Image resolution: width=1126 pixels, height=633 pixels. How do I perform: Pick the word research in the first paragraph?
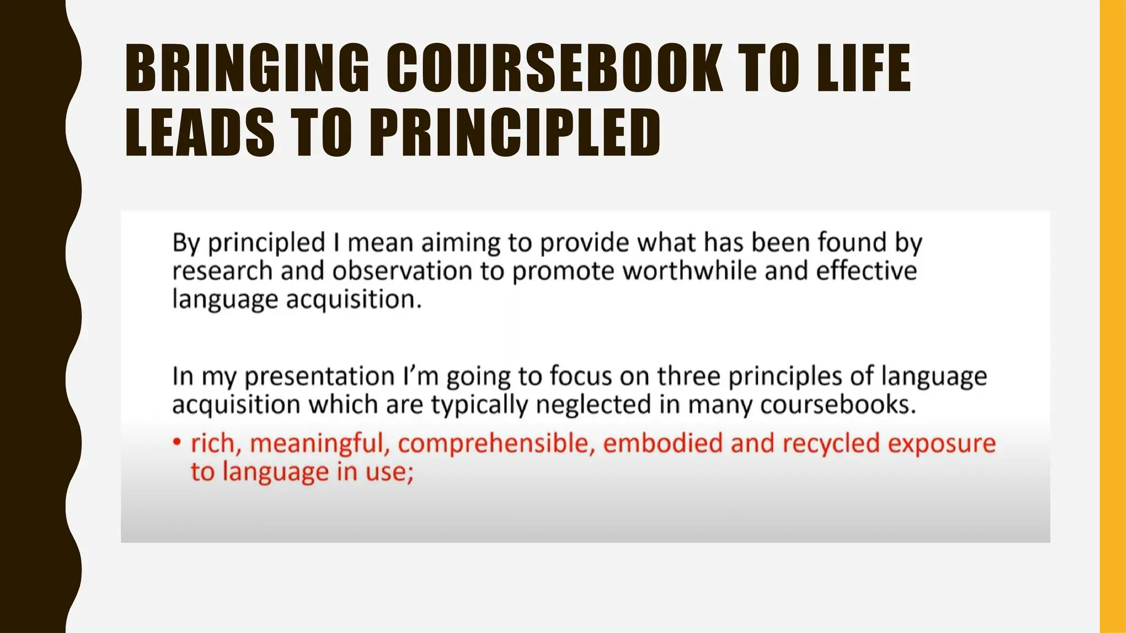coord(222,271)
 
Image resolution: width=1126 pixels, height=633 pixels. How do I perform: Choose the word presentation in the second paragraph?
coord(319,377)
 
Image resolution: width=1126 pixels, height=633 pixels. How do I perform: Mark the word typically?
coord(478,406)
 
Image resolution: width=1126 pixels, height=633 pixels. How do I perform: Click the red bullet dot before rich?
coord(176,442)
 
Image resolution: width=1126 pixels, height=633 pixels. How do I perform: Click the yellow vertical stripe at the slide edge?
coord(1112,316)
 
